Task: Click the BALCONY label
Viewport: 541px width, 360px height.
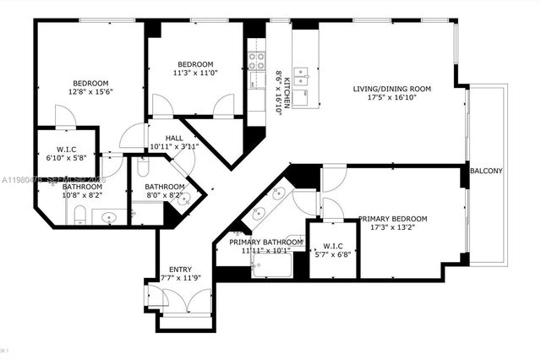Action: pos(487,172)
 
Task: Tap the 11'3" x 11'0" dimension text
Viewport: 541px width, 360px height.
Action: pos(194,74)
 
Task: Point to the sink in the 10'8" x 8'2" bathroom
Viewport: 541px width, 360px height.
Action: pos(107,218)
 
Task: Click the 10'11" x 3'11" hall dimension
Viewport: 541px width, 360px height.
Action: pos(173,147)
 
